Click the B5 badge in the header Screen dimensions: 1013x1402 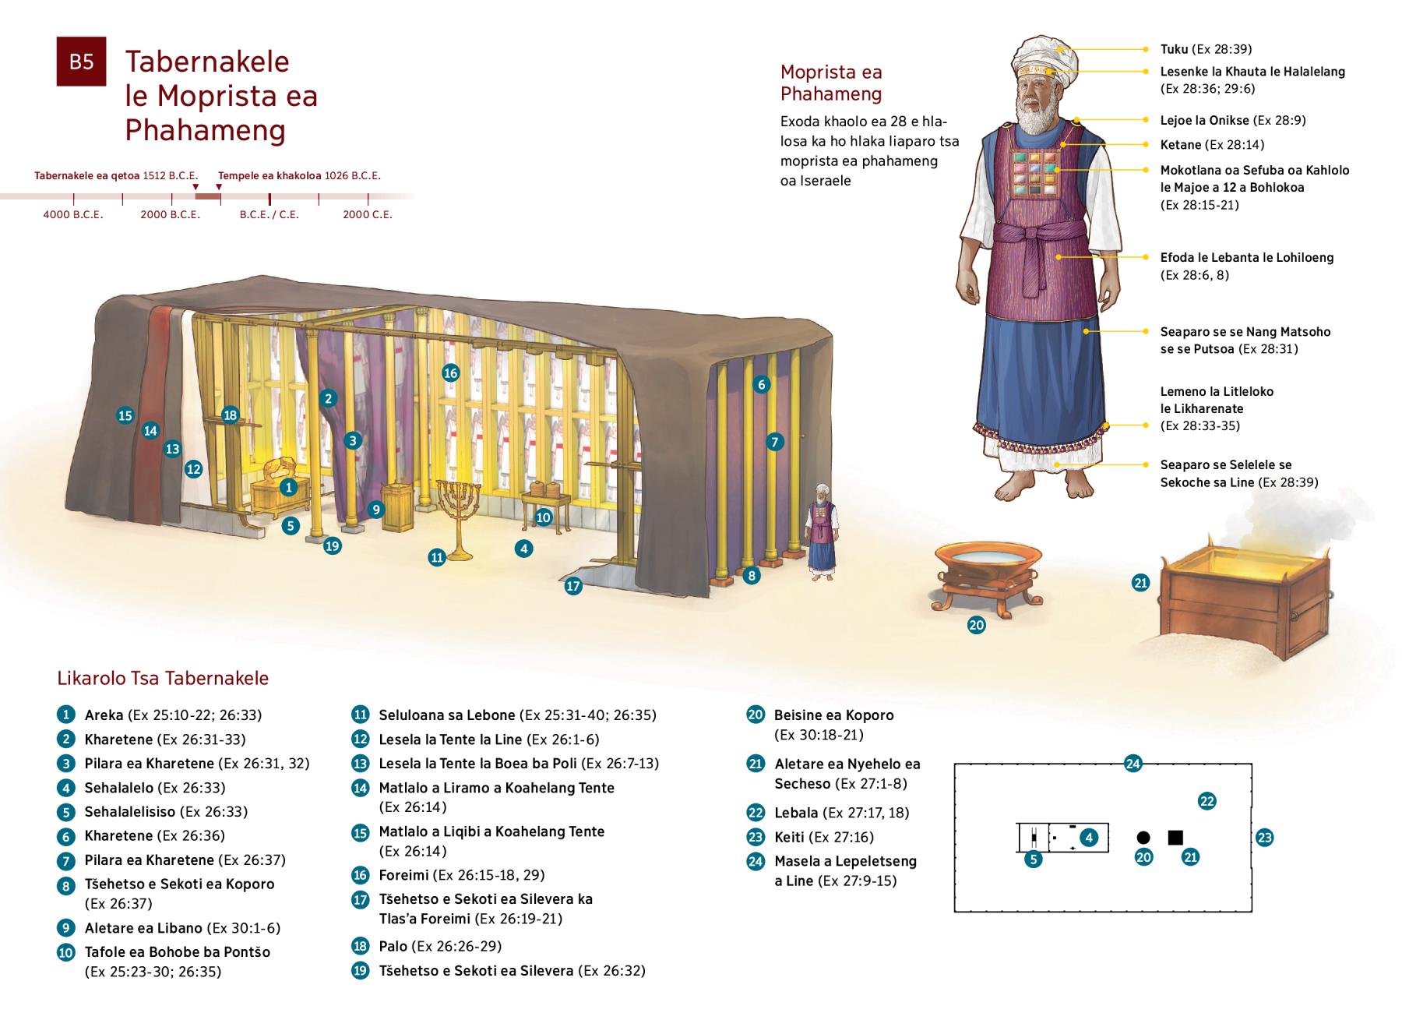[x=81, y=62]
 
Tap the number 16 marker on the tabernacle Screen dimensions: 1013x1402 [x=450, y=372]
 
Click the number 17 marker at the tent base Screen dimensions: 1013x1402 [x=573, y=586]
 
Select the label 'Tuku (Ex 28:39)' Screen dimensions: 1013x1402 [x=1206, y=49]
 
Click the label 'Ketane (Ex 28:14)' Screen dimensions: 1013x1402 [x=1212, y=145]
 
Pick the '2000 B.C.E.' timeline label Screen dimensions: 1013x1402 [x=170, y=214]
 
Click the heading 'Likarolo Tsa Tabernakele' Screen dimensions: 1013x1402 [x=163, y=678]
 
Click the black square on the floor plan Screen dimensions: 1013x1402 [x=1175, y=838]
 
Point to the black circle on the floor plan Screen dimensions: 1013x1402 [x=1143, y=838]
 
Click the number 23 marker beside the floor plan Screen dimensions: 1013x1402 [x=1264, y=838]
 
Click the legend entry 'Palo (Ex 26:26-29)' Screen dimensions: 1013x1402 [x=439, y=946]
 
